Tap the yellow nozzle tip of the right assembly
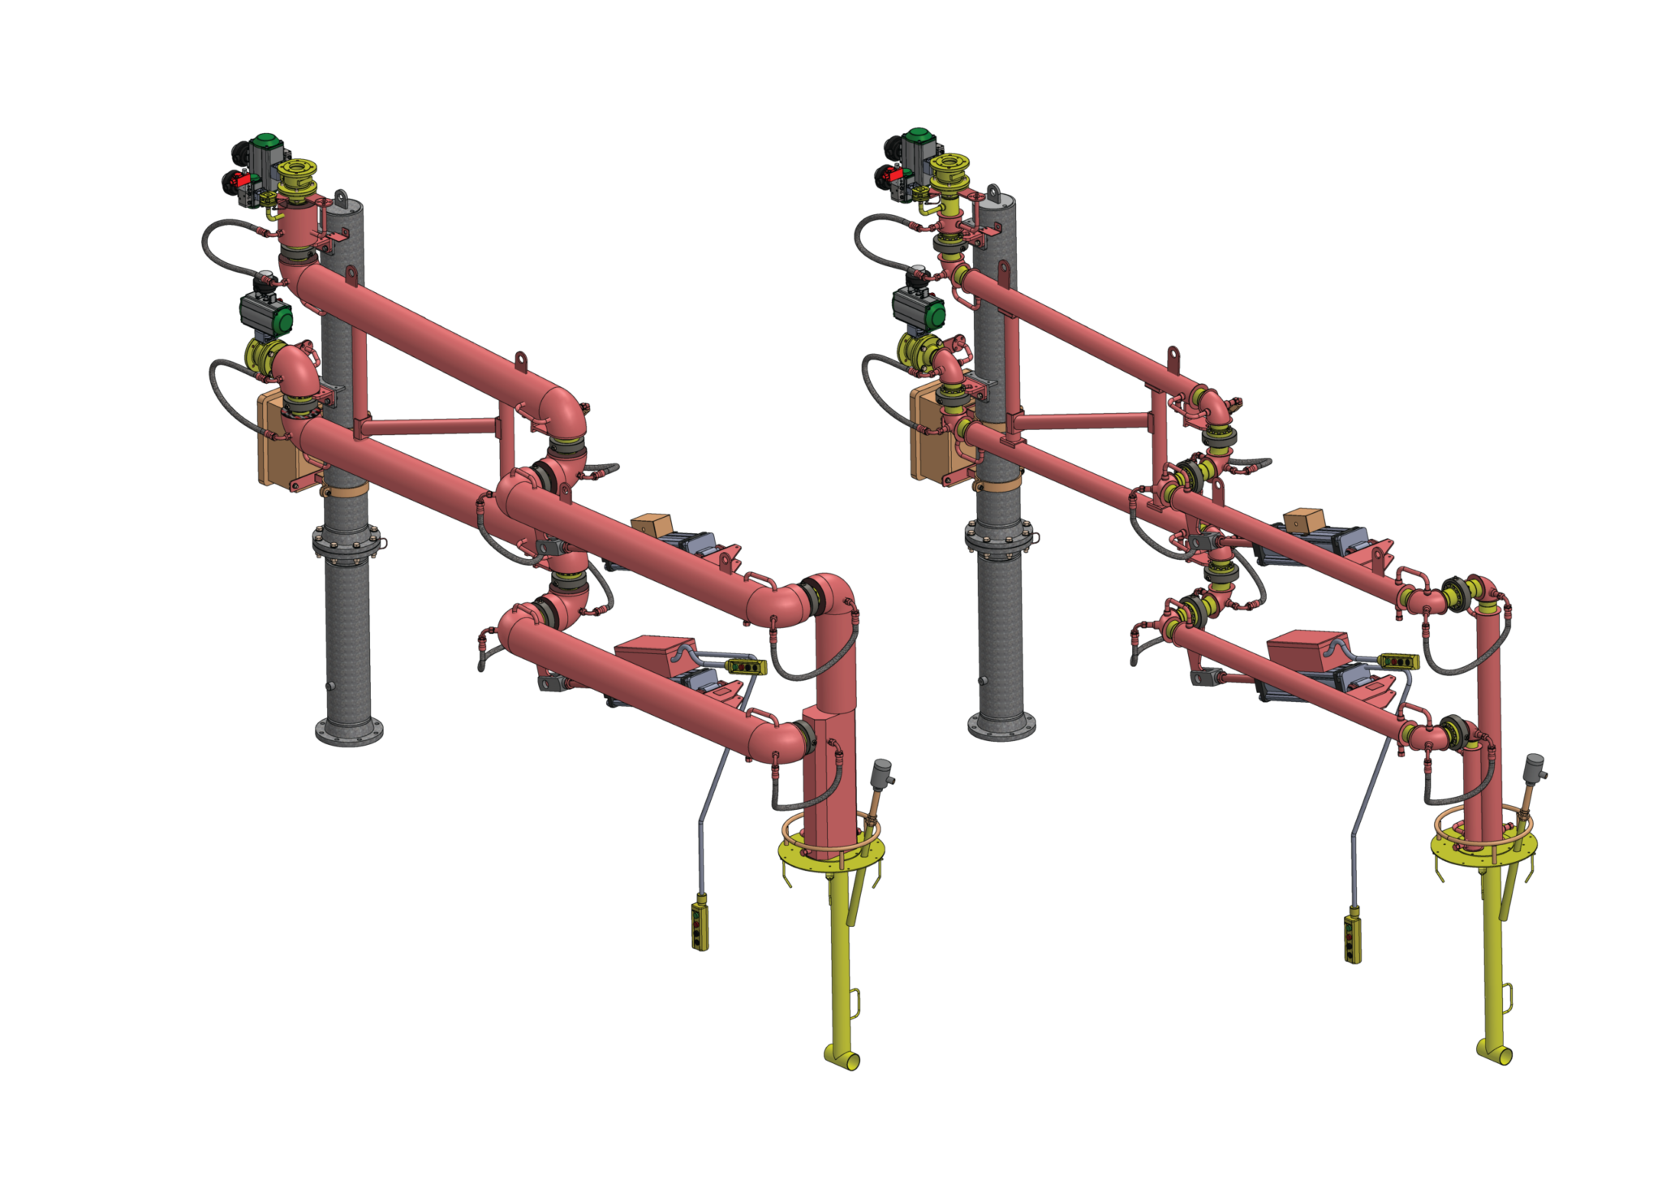1496,1053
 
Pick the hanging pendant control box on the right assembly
1352,937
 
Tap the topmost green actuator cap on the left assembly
265,142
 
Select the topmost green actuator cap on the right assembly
918,136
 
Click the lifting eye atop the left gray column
341,198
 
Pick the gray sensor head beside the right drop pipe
1535,765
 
